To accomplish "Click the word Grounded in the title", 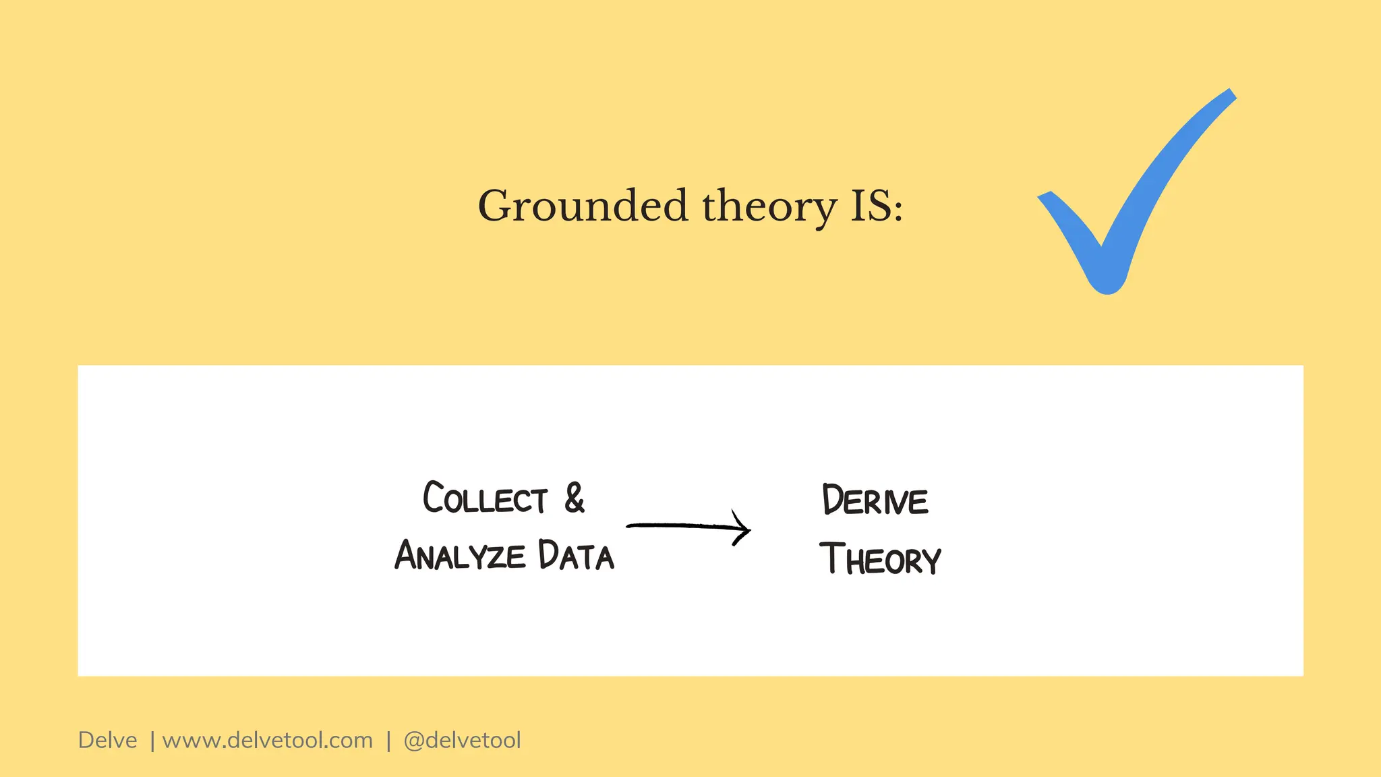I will pos(583,206).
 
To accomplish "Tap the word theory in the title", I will pos(769,207).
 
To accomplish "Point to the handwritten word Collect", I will pos(485,499).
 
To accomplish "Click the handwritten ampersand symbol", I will pos(575,498).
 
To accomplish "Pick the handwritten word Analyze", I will pos(459,556).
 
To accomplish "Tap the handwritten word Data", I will pos(576,556).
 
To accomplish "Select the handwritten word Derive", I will pos(875,500).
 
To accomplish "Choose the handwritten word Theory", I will pos(880,559).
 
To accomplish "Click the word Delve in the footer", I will pos(107,741).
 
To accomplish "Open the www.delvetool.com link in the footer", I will pos(267,741).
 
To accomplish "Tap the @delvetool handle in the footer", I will pos(462,741).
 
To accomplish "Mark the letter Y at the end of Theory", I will pos(931,561).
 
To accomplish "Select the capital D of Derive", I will pos(833,500).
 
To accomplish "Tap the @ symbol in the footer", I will pos(413,741).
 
